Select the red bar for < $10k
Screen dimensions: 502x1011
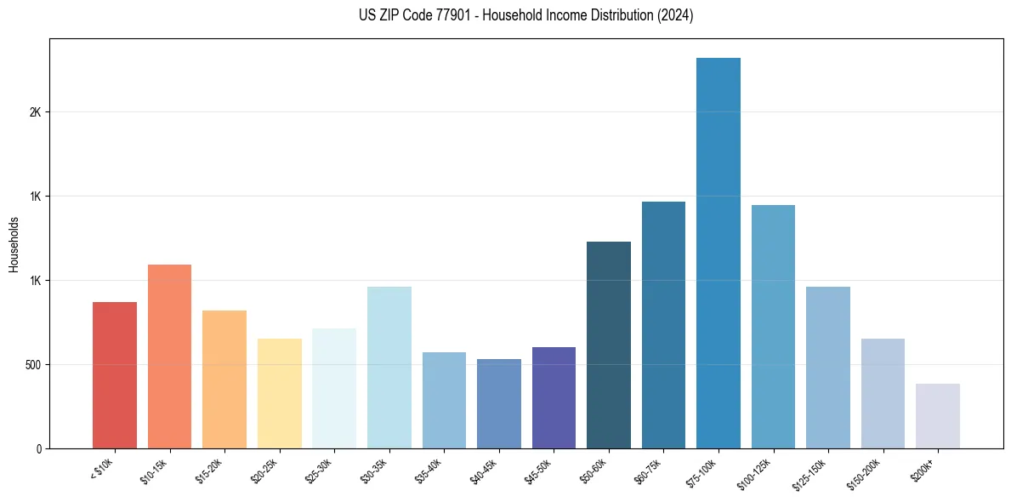point(115,375)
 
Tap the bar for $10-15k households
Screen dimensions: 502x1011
point(169,357)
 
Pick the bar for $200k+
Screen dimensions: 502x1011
point(938,416)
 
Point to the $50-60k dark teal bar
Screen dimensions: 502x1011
point(609,345)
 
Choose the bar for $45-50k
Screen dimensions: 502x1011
point(554,397)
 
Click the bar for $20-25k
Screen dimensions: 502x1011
point(280,393)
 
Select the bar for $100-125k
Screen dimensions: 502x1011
point(773,327)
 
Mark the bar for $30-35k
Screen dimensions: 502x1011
point(389,368)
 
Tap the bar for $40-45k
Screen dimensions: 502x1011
point(499,403)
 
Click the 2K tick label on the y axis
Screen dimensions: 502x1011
point(36,112)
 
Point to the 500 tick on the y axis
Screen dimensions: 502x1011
point(32,365)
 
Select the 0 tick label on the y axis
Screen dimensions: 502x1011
point(39,448)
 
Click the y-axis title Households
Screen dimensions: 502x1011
point(14,244)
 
